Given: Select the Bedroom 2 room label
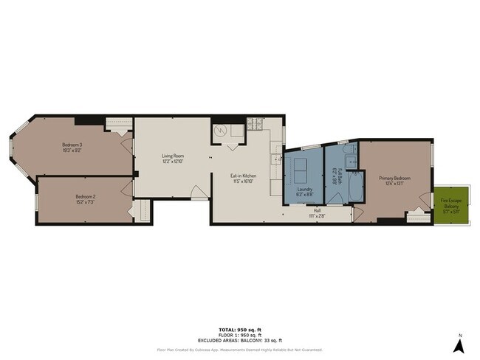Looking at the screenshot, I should (86, 196).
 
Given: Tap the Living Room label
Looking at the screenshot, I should (172, 156).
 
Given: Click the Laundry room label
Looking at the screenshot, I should (305, 189).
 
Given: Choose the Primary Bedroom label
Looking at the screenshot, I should (394, 179).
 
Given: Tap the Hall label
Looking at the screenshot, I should (317, 210).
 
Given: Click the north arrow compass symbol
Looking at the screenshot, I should (458, 344).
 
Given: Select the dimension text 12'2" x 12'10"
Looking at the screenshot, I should (172, 161).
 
